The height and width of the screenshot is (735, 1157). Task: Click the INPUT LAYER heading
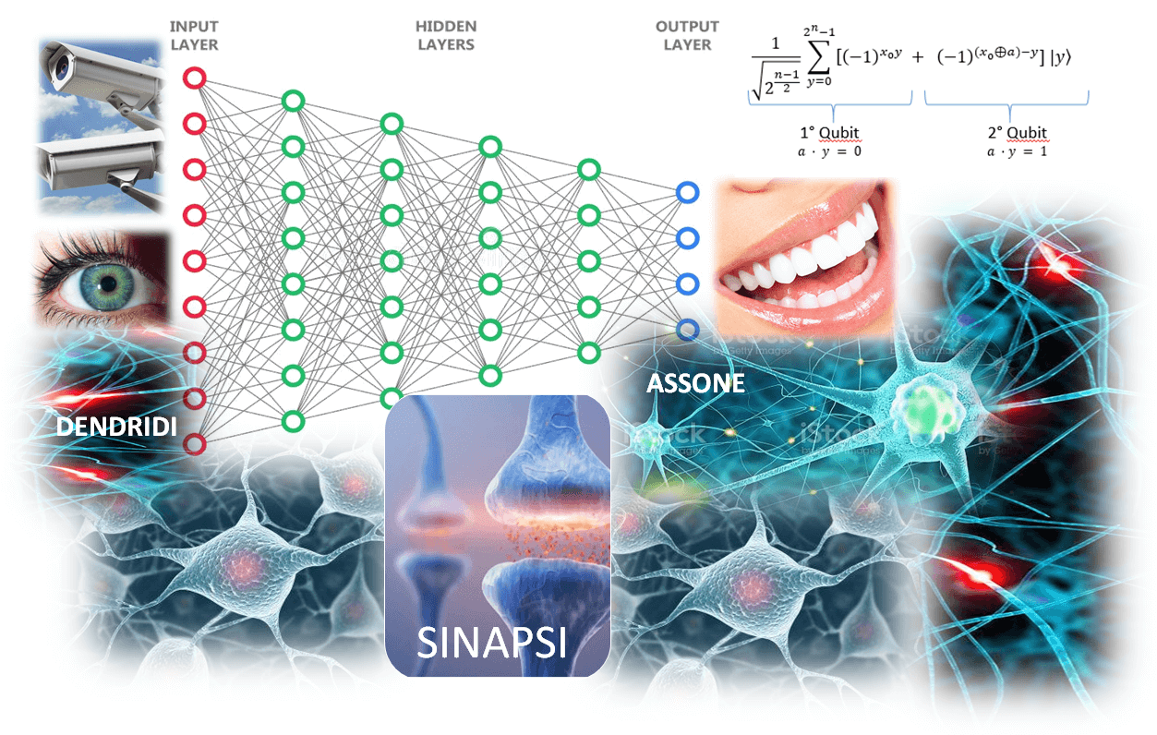(193, 35)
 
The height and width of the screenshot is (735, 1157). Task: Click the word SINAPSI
(490, 642)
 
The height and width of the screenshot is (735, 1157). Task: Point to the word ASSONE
(694, 383)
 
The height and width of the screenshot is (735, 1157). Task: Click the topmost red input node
(194, 78)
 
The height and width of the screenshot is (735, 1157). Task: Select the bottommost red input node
(194, 444)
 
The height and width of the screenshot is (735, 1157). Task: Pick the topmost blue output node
(687, 192)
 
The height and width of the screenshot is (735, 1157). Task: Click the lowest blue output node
(687, 329)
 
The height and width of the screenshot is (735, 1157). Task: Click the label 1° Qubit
(830, 133)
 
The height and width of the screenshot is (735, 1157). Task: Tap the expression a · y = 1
(1014, 151)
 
